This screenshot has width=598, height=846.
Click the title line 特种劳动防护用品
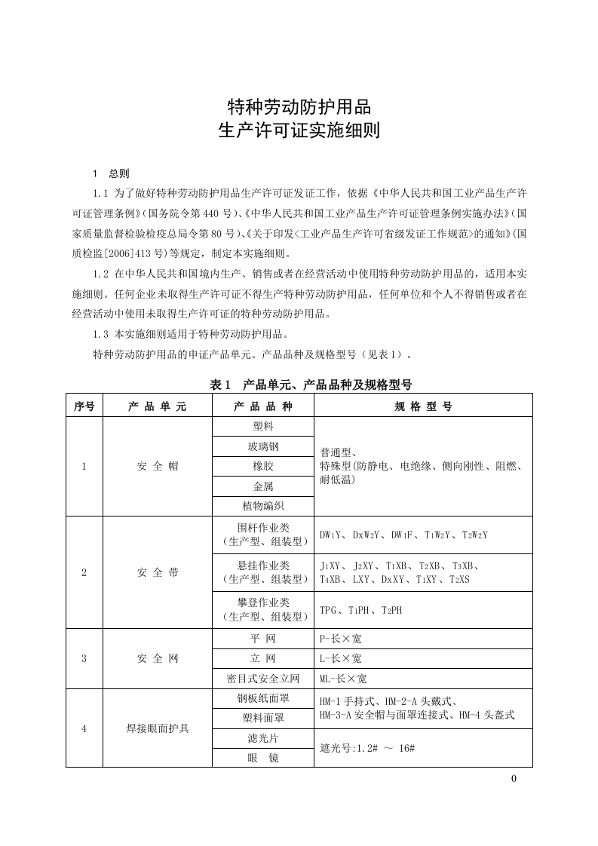point(299,106)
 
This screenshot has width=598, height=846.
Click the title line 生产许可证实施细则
point(299,130)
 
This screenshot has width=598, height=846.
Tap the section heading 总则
point(119,173)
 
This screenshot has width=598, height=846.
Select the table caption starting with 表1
point(311,385)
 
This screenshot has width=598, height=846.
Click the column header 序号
point(84,406)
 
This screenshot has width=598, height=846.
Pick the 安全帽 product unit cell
point(158,467)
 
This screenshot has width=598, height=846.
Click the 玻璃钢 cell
point(263,447)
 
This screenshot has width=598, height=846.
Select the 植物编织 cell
point(263,506)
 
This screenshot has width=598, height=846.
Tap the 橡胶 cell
point(263,467)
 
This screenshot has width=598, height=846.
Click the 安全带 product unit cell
point(158,572)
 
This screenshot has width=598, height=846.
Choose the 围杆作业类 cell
point(263,535)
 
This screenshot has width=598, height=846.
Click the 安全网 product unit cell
point(158,658)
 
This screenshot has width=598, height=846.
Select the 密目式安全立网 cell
point(263,679)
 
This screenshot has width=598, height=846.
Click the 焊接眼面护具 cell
point(158,728)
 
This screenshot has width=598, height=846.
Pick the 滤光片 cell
point(263,738)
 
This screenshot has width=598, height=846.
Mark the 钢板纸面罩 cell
point(263,699)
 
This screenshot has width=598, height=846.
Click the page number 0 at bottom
point(514,779)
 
